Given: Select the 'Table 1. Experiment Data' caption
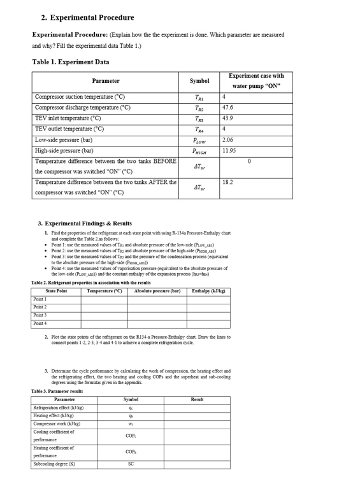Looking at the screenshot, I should click(70, 62).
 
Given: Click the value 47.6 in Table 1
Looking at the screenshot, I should click(228, 108).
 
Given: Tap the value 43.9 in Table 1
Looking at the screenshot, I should click(228, 118).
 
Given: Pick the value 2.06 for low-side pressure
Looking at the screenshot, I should click(228, 139).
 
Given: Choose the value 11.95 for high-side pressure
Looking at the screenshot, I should click(229, 150).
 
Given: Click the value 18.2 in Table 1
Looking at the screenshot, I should click(228, 182).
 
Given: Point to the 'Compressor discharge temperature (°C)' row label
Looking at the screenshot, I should click(82, 108).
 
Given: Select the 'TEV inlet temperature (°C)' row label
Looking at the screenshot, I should click(68, 118).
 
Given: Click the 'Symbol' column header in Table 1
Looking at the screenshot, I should click(199, 81).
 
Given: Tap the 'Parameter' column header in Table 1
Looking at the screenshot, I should click(105, 81).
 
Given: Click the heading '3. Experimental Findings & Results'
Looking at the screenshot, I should click(85, 224).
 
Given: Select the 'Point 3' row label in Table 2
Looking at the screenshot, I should click(40, 315).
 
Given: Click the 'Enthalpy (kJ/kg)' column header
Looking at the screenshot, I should click(208, 291).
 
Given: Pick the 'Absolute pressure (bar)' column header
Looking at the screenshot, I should click(157, 291).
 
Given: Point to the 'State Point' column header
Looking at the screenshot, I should click(57, 291).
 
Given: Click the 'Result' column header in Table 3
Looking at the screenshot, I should click(197, 399).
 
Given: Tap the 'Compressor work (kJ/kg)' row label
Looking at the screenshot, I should click(57, 424).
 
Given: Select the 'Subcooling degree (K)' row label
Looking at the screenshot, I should click(54, 464).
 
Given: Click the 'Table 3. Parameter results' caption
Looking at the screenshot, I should click(57, 391).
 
